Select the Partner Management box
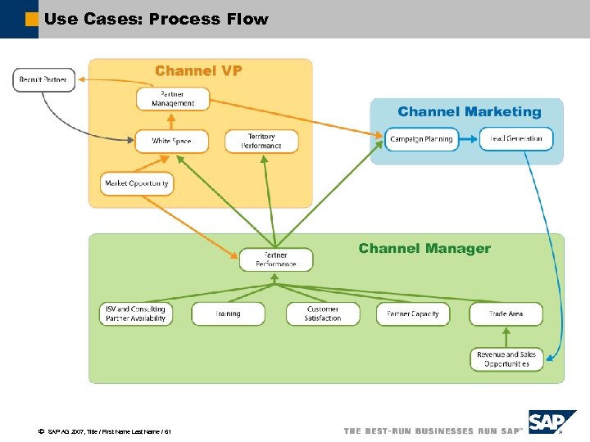pyautogui.click(x=173, y=99)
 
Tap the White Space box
pyautogui.click(x=171, y=142)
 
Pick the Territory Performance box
pyautogui.click(x=261, y=142)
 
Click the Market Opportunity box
pyautogui.click(x=137, y=183)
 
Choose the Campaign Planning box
pyautogui.click(x=421, y=139)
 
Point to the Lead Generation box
pyautogui.click(x=516, y=139)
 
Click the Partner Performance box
pyautogui.click(x=276, y=259)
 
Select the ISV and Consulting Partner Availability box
pyautogui.click(x=136, y=314)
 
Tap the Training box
pyautogui.click(x=228, y=314)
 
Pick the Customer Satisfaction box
pyautogui.click(x=323, y=314)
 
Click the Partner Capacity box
pyautogui.click(x=413, y=314)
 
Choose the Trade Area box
pyautogui.click(x=506, y=314)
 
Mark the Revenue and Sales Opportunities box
pyautogui.click(x=506, y=359)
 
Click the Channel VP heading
pyautogui.click(x=198, y=71)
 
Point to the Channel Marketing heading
pyautogui.click(x=470, y=112)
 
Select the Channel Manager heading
pyautogui.click(x=424, y=249)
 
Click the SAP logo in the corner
pyautogui.click(x=551, y=423)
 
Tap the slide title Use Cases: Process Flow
pyautogui.click(x=157, y=19)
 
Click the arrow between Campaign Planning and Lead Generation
pyautogui.click(x=469, y=139)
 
